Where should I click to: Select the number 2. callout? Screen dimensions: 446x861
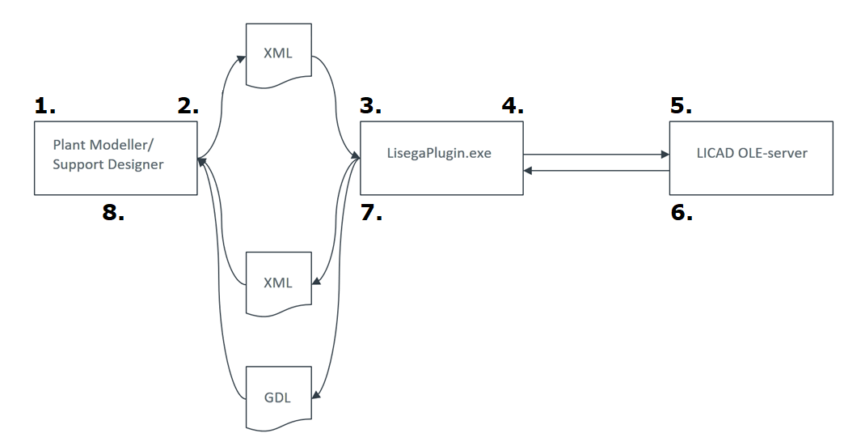[188, 105]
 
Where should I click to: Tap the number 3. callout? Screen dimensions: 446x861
[371, 105]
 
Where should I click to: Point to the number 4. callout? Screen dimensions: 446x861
[513, 105]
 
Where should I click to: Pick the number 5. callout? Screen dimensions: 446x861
[682, 105]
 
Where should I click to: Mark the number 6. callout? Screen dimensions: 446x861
[682, 215]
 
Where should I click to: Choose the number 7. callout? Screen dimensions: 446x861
[371, 215]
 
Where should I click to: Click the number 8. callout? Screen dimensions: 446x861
[114, 215]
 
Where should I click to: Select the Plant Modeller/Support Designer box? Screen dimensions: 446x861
[116, 158]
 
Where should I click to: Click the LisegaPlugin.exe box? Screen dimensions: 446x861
[441, 158]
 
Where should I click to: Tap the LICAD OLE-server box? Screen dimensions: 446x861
[751, 158]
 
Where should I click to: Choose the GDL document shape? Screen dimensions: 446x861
[277, 397]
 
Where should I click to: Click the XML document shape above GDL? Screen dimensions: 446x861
[277, 282]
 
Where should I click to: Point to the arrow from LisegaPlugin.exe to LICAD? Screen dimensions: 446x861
[596, 153]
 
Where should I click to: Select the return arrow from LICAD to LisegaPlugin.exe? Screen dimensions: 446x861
[596, 171]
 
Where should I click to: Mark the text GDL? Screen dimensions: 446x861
[277, 397]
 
